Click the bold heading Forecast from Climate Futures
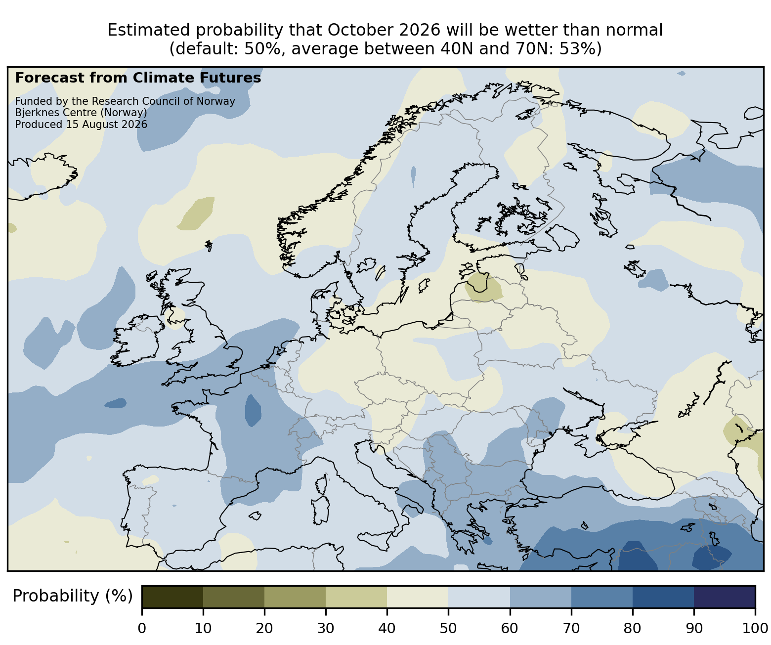tap(138, 78)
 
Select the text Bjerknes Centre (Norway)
tap(81, 113)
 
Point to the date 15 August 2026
tap(107, 125)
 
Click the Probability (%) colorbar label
tap(72, 596)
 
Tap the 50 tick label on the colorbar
tap(448, 628)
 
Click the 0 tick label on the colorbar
tap(142, 628)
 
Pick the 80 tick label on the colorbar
tap(633, 628)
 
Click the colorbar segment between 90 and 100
tap(725, 597)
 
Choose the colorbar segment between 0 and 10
tap(172, 597)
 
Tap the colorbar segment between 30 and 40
tap(356, 597)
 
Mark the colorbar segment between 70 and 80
tap(602, 597)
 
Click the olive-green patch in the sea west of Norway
tap(196, 214)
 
